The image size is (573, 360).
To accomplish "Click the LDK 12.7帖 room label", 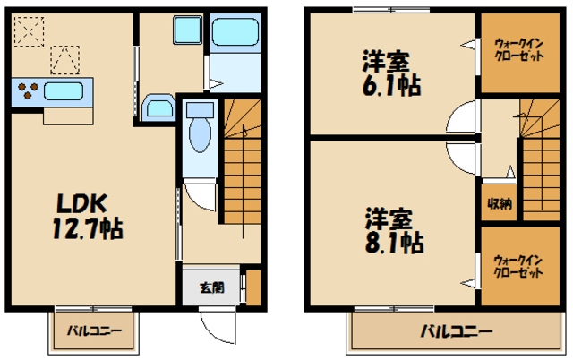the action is click(x=88, y=216).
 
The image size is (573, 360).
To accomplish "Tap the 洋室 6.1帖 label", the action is click(x=391, y=73).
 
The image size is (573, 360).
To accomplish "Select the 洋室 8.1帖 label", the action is click(x=394, y=231).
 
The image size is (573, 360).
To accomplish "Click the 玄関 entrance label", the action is click(x=212, y=287).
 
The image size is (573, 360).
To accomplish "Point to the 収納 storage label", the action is click(x=500, y=203).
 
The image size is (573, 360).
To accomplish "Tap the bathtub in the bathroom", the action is click(x=235, y=32).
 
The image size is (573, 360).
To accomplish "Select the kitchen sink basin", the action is click(x=64, y=91).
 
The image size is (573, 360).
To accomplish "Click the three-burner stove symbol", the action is click(x=28, y=90).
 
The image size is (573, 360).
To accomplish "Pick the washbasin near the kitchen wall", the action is click(x=159, y=107).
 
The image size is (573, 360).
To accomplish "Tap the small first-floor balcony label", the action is click(x=94, y=331).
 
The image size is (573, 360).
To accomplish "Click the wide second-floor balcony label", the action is click(x=457, y=332).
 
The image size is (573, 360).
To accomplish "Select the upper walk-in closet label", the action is click(x=519, y=50).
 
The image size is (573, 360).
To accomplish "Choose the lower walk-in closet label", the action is click(x=518, y=267).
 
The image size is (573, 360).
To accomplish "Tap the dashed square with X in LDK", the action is click(x=29, y=31).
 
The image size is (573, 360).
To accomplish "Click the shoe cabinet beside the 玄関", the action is click(x=253, y=287).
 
